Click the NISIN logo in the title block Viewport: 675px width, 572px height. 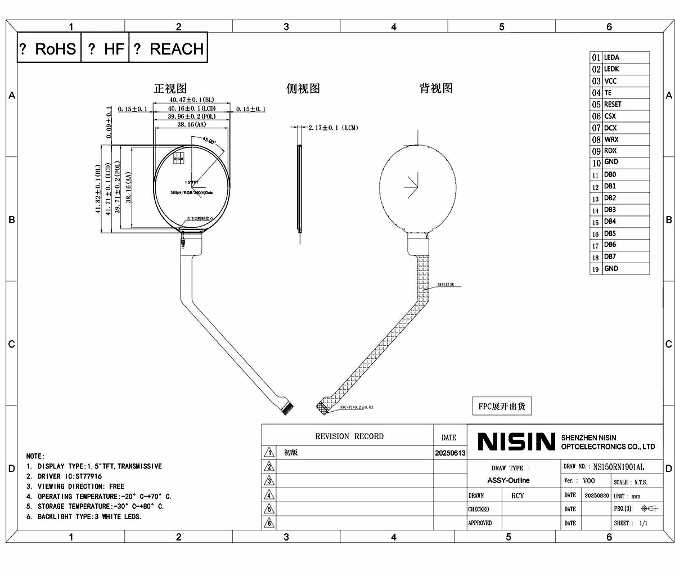click(x=516, y=442)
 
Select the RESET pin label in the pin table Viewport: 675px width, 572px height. click(x=613, y=104)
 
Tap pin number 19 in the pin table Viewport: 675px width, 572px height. click(x=595, y=269)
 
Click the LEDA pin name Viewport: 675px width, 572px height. click(x=611, y=57)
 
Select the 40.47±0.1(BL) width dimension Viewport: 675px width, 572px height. click(x=191, y=100)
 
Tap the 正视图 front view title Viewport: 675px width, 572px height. click(x=170, y=88)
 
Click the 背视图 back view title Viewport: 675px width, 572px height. click(x=436, y=88)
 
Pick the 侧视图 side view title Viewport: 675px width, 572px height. click(x=303, y=88)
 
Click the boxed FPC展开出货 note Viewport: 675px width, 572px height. click(x=501, y=406)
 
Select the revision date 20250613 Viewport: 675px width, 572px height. click(x=450, y=453)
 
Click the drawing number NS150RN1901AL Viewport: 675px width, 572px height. click(x=619, y=467)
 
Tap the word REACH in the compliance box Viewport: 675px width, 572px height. click(x=176, y=49)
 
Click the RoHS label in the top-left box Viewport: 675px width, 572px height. click(x=55, y=49)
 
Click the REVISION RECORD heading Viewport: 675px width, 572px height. click(x=349, y=436)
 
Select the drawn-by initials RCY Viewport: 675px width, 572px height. click(x=517, y=496)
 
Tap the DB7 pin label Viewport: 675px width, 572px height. click(x=610, y=256)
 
